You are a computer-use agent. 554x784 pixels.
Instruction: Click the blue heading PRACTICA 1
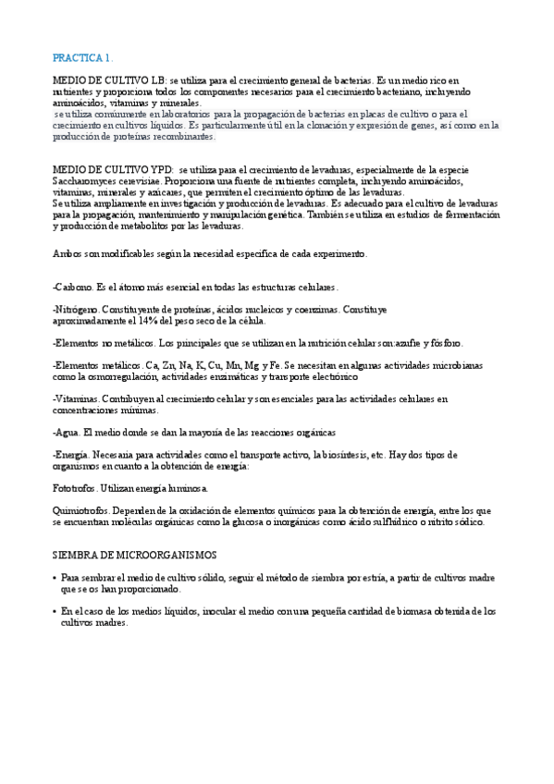coord(82,57)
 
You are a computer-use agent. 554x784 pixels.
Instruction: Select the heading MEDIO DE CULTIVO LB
coord(111,82)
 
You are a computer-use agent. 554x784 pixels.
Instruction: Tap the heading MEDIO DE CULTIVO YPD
coord(114,171)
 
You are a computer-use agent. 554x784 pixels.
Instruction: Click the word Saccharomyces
coord(86,182)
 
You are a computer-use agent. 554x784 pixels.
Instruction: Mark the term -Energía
coord(71,455)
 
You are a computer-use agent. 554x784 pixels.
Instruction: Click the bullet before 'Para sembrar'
coord(55,578)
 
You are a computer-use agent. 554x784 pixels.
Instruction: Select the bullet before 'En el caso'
coord(55,611)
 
